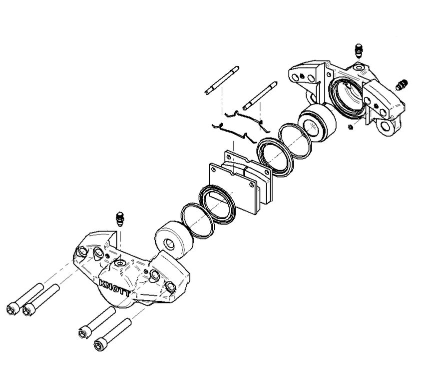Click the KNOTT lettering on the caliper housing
tap(114, 288)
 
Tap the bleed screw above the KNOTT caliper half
tap(120, 219)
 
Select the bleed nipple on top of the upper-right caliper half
tap(359, 50)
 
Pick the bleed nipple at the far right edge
tap(402, 84)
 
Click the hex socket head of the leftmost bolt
tap(11, 309)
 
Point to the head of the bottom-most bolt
tap(100, 345)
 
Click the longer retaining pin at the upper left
tap(222, 80)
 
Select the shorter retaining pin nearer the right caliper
tap(260, 95)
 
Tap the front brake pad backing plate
tap(235, 188)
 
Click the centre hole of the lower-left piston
tap(169, 244)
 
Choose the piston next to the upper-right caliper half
tap(317, 123)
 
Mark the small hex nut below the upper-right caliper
tap(351, 127)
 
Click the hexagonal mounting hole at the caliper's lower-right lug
tap(386, 127)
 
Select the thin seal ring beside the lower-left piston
tap(198, 220)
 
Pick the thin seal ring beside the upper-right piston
tap(295, 141)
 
